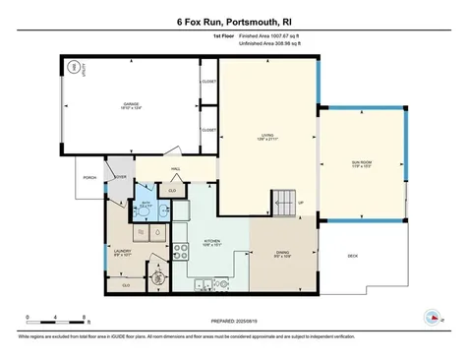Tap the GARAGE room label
pyautogui.click(x=131, y=104)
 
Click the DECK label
pyautogui.click(x=352, y=257)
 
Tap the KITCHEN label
pyautogui.click(x=211, y=241)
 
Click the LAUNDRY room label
pyautogui.click(x=123, y=252)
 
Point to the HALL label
pyautogui.click(x=175, y=168)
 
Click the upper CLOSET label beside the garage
pyautogui.click(x=208, y=82)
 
